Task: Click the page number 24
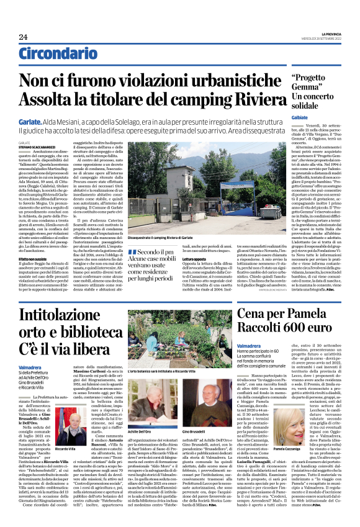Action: coord(23,37)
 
